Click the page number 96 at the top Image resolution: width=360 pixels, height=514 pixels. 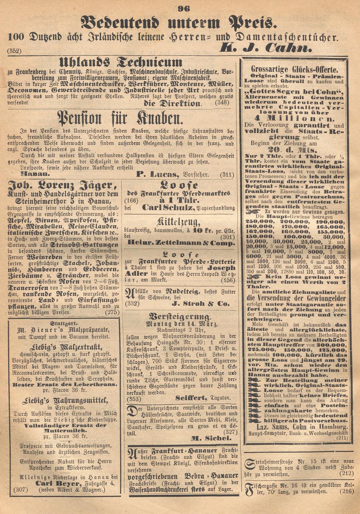[x=184, y=8]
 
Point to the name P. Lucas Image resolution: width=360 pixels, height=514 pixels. [x=157, y=175]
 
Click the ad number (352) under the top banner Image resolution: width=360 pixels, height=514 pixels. [x=14, y=51]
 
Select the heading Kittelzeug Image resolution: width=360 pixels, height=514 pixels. [x=178, y=221]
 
